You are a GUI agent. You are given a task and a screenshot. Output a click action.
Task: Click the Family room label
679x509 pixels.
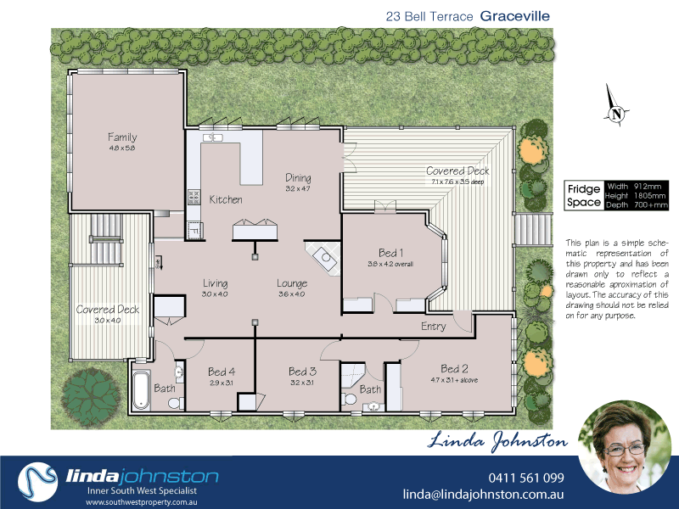[x=122, y=137]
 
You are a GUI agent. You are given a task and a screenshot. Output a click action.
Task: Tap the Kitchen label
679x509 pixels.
[x=226, y=200]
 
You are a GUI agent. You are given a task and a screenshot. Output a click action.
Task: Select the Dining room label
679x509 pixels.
[x=298, y=178]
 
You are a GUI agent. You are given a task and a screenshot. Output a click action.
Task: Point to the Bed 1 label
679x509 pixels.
[x=390, y=252]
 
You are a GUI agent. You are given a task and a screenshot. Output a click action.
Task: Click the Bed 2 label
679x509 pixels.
[x=455, y=368]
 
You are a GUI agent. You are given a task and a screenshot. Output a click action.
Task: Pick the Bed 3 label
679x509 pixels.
[x=302, y=372]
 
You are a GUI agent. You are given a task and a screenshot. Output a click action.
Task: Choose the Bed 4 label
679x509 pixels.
[x=222, y=372]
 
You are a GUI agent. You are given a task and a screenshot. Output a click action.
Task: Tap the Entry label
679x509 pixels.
[x=434, y=327]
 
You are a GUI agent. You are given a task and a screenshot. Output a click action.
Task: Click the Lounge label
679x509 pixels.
[x=292, y=283]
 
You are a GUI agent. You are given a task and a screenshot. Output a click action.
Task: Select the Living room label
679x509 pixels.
[x=216, y=283]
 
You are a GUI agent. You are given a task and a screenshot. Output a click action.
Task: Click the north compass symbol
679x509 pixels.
[x=617, y=112]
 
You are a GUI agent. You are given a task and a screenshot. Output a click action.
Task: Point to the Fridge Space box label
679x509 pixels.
[x=584, y=195]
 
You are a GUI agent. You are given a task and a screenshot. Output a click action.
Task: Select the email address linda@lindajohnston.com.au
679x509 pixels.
[x=483, y=495]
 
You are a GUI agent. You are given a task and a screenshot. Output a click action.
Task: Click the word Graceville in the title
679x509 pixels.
[x=515, y=15]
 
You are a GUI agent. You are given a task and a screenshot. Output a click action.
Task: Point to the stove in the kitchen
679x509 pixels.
[x=193, y=197]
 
